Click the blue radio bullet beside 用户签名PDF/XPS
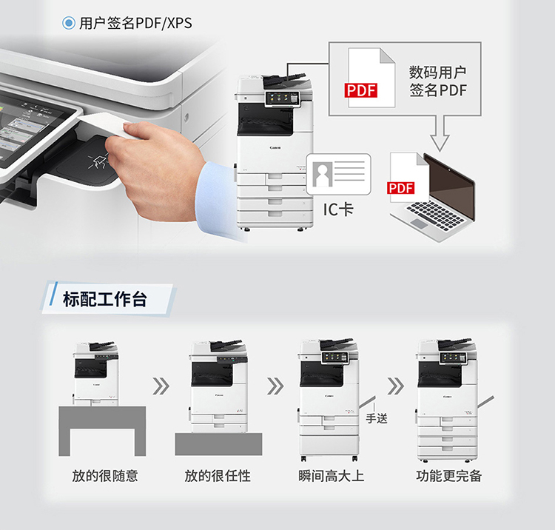click(x=69, y=23)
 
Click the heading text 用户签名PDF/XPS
click(x=135, y=24)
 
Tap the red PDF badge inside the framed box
click(x=360, y=90)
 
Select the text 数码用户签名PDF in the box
click(x=438, y=81)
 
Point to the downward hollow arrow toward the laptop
click(x=440, y=132)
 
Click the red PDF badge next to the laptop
click(x=400, y=187)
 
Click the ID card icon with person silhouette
click(x=339, y=174)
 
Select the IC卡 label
click(x=338, y=209)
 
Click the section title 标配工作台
click(x=105, y=299)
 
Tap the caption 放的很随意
click(x=105, y=476)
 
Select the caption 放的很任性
click(x=218, y=476)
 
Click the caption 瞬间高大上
click(x=331, y=476)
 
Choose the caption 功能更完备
click(x=449, y=476)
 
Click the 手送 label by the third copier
click(x=377, y=418)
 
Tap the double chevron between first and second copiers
click(x=161, y=386)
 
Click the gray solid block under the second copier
click(x=219, y=444)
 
